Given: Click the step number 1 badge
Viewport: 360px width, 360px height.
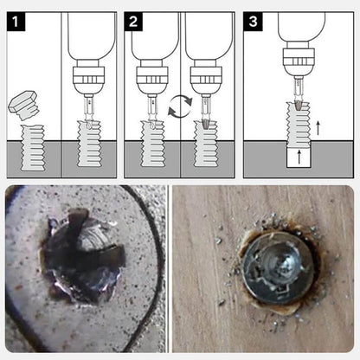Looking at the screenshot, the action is [x=16, y=22].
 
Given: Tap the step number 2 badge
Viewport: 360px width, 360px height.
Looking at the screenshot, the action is [x=133, y=22].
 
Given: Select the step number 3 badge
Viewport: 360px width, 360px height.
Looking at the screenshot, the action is [x=253, y=22].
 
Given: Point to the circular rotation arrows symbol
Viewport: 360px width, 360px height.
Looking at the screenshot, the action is [x=180, y=106].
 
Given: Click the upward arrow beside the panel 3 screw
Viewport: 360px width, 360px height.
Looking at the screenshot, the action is [x=318, y=128].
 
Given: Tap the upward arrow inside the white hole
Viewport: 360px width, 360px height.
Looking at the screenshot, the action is [x=299, y=157].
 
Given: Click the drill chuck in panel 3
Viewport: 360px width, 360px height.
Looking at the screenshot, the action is [x=299, y=61].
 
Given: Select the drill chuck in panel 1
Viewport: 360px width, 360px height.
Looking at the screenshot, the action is [x=88, y=80].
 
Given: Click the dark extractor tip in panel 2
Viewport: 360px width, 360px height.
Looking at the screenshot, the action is [x=205, y=124].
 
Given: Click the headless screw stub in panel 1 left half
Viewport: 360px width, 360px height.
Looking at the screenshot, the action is [x=33, y=148].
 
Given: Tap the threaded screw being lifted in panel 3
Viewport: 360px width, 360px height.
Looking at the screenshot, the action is [x=298, y=125].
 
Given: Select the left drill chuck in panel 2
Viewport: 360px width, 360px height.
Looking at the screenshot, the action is [x=152, y=80].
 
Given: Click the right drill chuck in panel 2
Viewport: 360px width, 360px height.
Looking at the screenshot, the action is [x=206, y=80].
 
